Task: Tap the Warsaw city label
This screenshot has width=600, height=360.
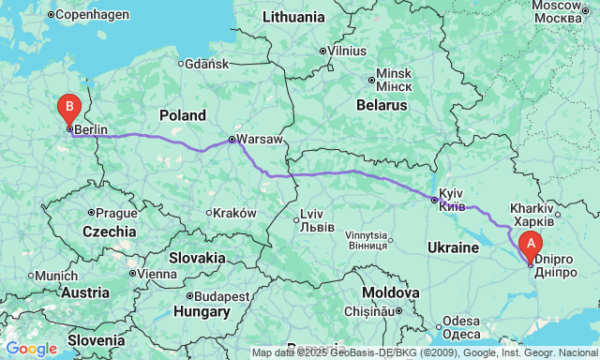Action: click(260, 139)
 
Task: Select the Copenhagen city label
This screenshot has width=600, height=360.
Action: click(94, 15)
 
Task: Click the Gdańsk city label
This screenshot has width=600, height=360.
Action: click(207, 64)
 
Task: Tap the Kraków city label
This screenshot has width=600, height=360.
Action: click(234, 213)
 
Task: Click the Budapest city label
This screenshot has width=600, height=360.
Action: click(221, 295)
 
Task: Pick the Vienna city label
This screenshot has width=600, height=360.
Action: click(157, 274)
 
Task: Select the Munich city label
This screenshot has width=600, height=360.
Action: click(57, 276)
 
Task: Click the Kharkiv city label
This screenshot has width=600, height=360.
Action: click(532, 206)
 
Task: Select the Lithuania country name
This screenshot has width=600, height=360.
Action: click(293, 17)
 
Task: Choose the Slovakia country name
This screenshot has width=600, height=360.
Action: click(197, 257)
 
